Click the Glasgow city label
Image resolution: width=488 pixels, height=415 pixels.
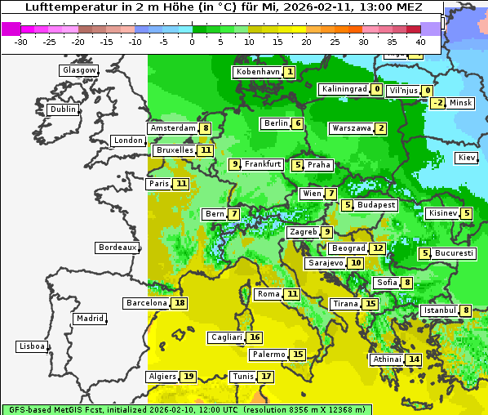click(78, 70)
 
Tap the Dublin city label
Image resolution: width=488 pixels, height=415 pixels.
click(63, 109)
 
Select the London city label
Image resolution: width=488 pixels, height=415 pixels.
click(128, 141)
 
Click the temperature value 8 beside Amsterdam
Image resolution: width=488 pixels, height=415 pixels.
click(206, 128)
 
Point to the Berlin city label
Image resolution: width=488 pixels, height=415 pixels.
click(275, 123)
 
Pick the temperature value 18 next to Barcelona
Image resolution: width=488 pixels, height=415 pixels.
click(180, 303)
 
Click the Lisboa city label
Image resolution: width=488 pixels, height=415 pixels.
click(32, 346)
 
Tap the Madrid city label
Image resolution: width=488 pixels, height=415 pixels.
click(89, 319)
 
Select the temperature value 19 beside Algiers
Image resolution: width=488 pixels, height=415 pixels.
click(189, 377)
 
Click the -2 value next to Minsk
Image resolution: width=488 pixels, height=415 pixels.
click(438, 103)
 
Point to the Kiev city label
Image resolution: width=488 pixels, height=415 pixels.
click(467, 157)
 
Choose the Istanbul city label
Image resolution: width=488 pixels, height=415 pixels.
click(440, 310)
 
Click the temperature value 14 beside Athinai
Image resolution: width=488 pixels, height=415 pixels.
click(414, 359)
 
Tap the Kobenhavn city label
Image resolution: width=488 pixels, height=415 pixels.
click(258, 72)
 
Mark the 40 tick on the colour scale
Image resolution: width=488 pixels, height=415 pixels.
click(419, 41)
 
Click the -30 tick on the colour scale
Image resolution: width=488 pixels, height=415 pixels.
click(21, 41)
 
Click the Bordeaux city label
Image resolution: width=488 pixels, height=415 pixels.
click(117, 248)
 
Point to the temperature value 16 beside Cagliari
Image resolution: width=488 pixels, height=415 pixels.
click(255, 337)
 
